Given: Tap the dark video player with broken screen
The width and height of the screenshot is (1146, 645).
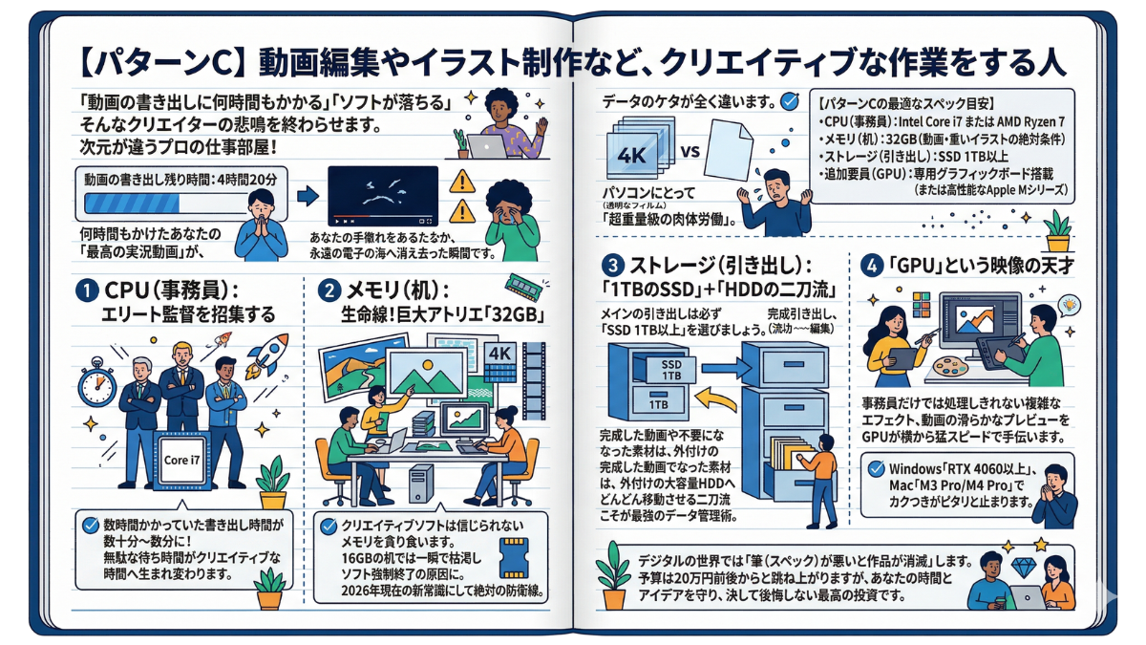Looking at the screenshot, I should [x=382, y=197].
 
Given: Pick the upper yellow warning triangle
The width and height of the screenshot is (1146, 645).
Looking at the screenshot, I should [x=462, y=180].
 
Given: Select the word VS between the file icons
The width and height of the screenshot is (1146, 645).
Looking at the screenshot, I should [x=693, y=152].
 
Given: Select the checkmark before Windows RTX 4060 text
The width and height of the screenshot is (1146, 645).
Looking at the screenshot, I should [x=877, y=468].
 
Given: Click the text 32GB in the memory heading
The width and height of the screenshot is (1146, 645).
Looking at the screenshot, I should [x=505, y=316].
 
